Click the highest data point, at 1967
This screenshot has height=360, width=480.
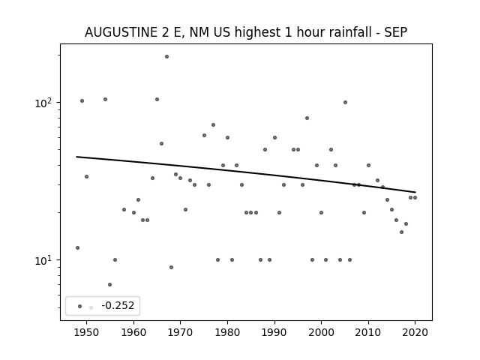point(166,57)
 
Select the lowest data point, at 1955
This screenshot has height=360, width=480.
point(110,285)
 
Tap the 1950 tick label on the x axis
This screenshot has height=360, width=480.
point(87,332)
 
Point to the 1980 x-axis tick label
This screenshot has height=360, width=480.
point(227,332)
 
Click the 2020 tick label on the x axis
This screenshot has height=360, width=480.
point(415,332)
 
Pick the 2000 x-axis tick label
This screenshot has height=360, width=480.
point(321,332)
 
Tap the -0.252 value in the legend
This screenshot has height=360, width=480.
point(118,305)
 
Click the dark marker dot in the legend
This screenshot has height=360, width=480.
point(80,307)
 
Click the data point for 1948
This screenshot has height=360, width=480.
point(77,248)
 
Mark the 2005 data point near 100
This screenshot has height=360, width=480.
point(345,103)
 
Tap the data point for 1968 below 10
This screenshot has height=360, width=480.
point(172,268)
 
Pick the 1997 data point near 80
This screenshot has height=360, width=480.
point(307,118)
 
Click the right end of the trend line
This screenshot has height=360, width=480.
point(415,192)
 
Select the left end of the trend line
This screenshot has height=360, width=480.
point(76,157)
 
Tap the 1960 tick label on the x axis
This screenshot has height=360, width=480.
point(133,332)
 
